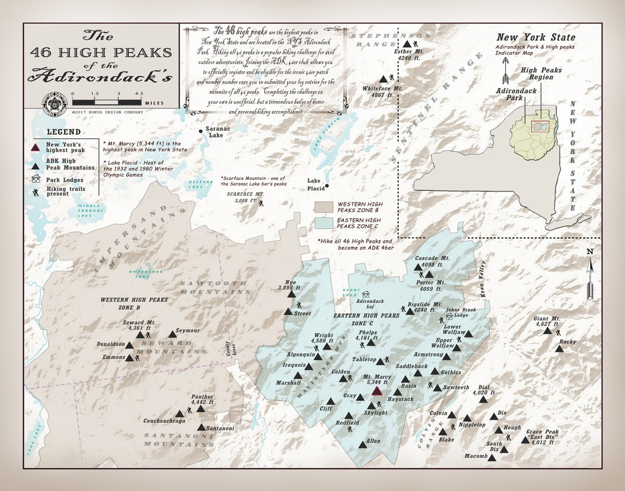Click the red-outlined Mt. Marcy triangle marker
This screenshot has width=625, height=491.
pyautogui.click(x=377, y=392)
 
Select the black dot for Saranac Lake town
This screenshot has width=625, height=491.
pyautogui.click(x=201, y=131)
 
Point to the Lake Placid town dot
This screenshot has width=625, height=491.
pyautogui.click(x=327, y=186)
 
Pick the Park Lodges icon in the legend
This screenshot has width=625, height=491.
pyautogui.click(x=36, y=179)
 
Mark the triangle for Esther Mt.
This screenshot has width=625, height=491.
pyautogui.click(x=407, y=44)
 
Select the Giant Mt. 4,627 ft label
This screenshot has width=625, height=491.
pyautogui.click(x=547, y=322)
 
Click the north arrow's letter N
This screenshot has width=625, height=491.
pyautogui.click(x=590, y=251)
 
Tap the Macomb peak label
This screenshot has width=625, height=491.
pyautogui.click(x=476, y=456)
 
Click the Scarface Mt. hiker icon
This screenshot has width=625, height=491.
pyautogui.click(x=261, y=203)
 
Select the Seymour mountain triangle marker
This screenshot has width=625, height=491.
pyautogui.click(x=172, y=334)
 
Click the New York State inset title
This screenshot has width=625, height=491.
pyautogui.click(x=536, y=38)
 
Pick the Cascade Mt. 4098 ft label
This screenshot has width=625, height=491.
pyautogui.click(x=429, y=261)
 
